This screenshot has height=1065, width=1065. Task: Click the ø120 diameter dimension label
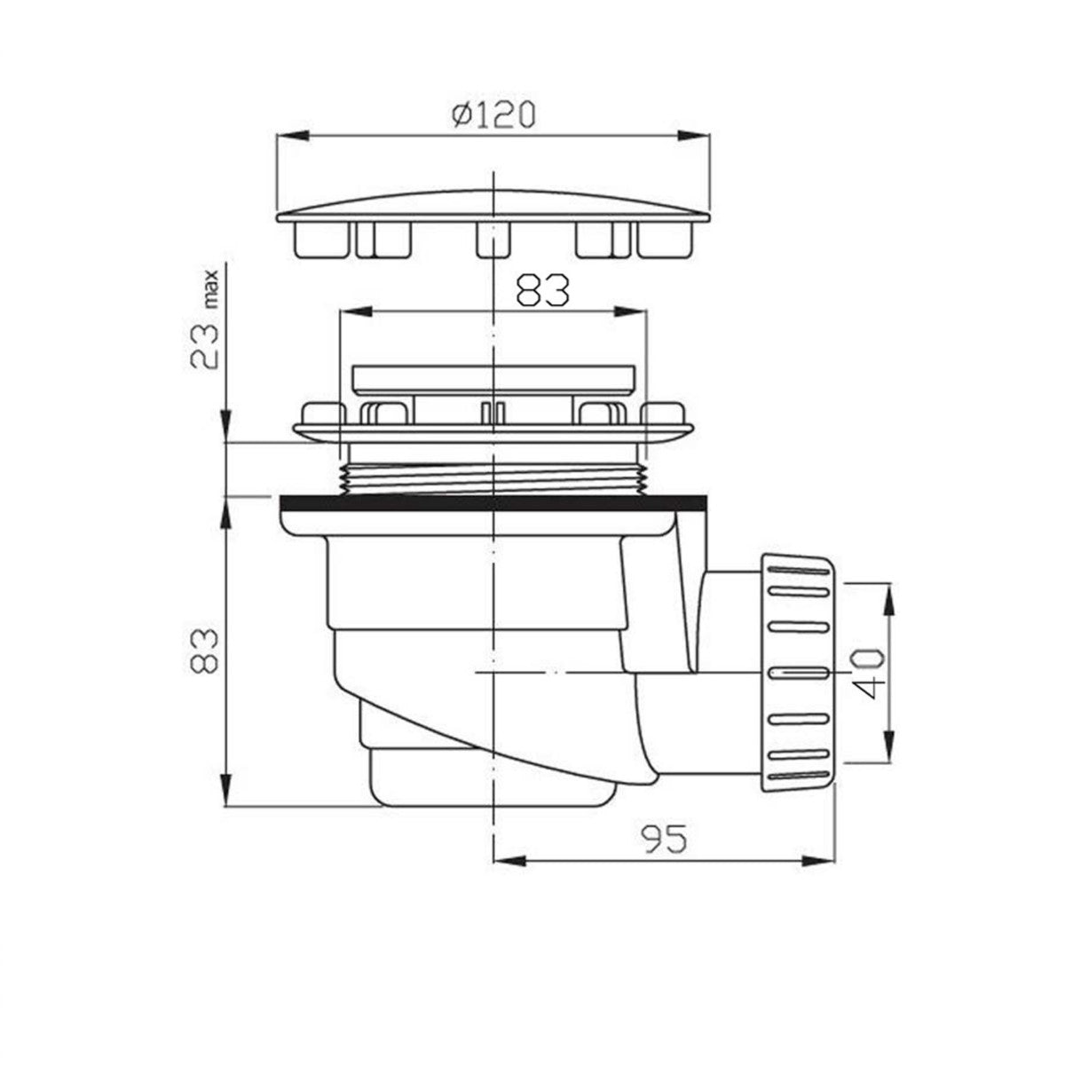(493, 115)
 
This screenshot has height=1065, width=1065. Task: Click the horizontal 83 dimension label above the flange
(542, 290)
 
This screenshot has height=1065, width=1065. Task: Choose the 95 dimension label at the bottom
(664, 839)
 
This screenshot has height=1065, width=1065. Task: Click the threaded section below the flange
(493, 475)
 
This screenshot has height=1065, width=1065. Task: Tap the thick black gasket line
(493, 504)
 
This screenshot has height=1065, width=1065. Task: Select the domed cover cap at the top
(493, 206)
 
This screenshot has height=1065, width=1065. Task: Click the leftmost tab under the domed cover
(317, 238)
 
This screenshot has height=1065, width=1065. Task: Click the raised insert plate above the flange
(493, 379)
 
